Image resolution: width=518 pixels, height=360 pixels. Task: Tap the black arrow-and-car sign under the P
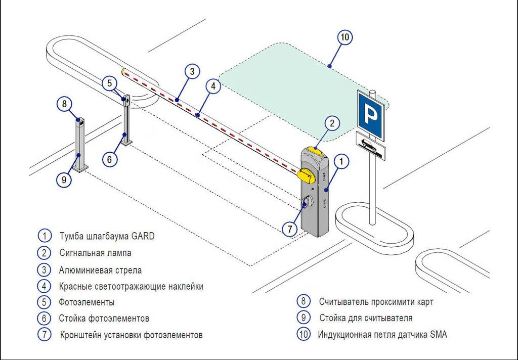point(371,146)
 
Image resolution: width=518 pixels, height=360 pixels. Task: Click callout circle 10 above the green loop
point(344,38)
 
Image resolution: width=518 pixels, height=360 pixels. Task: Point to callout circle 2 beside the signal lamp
point(332,123)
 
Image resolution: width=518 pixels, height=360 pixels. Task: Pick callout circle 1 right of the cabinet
point(342,162)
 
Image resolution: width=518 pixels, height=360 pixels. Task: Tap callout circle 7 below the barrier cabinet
point(290,229)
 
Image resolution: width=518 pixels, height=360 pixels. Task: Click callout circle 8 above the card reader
point(64,105)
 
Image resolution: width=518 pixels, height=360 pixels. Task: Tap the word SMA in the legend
point(439,334)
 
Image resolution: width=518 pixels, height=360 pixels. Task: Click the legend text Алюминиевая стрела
point(100,270)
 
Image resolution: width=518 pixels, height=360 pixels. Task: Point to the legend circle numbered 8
point(303,301)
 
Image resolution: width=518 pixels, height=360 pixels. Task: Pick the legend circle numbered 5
point(45,302)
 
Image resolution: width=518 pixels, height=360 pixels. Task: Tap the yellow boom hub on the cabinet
point(307,175)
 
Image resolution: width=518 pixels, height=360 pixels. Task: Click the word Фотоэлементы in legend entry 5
point(87,302)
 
